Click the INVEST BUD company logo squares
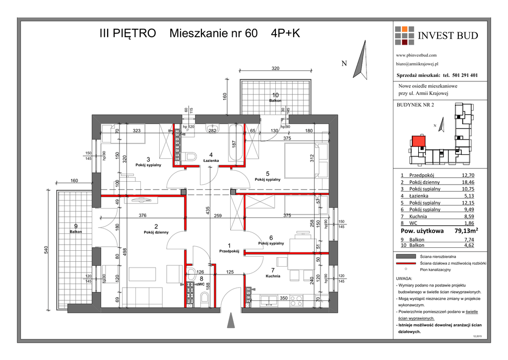point(404,36)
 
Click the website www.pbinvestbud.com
point(416,55)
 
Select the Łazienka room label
point(211,161)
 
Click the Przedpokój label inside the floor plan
point(229,251)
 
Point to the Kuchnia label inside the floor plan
point(273,276)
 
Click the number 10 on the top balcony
point(275,95)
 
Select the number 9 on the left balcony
point(75,226)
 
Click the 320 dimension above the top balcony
point(276,69)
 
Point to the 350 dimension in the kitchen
point(283,298)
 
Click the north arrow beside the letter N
point(361,60)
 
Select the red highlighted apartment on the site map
point(418,142)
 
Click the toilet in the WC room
point(203,297)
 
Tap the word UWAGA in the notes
point(405,279)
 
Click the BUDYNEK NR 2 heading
point(415,105)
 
